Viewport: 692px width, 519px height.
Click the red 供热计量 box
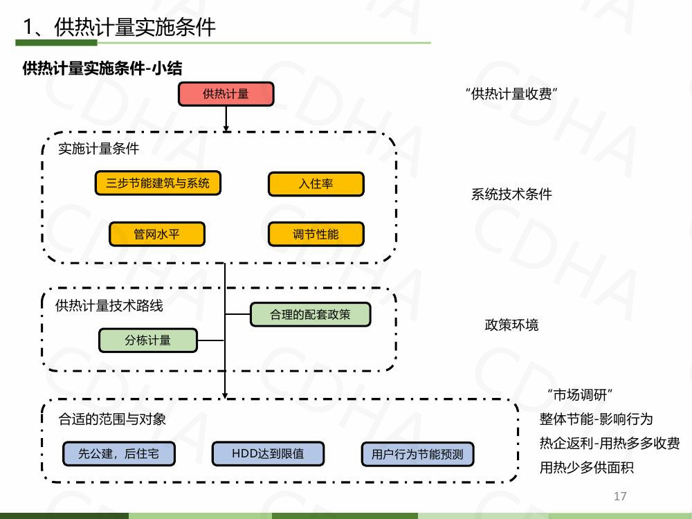click(x=226, y=94)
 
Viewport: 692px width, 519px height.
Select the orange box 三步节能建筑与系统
click(x=158, y=183)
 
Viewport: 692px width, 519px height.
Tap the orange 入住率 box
click(x=316, y=184)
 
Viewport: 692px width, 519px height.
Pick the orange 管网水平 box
click(x=157, y=234)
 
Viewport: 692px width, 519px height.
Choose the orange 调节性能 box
click(x=316, y=234)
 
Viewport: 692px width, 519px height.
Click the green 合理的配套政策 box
click(x=310, y=315)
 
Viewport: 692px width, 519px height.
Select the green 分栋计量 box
click(x=148, y=340)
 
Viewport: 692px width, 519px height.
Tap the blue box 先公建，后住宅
click(x=118, y=454)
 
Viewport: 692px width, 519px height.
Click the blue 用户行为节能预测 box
click(x=417, y=455)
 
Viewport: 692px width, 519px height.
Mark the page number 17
click(x=620, y=496)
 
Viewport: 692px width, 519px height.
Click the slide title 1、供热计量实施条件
click(x=119, y=27)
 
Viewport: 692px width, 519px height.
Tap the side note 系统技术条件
click(x=511, y=194)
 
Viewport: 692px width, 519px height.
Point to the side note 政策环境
click(x=511, y=325)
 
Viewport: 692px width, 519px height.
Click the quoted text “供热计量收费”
click(x=511, y=94)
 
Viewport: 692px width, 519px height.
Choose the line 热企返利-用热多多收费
click(x=609, y=444)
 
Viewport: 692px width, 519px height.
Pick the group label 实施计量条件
click(x=98, y=149)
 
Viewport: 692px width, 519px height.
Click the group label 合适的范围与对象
click(x=112, y=419)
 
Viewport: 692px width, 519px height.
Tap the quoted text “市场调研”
click(x=580, y=395)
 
